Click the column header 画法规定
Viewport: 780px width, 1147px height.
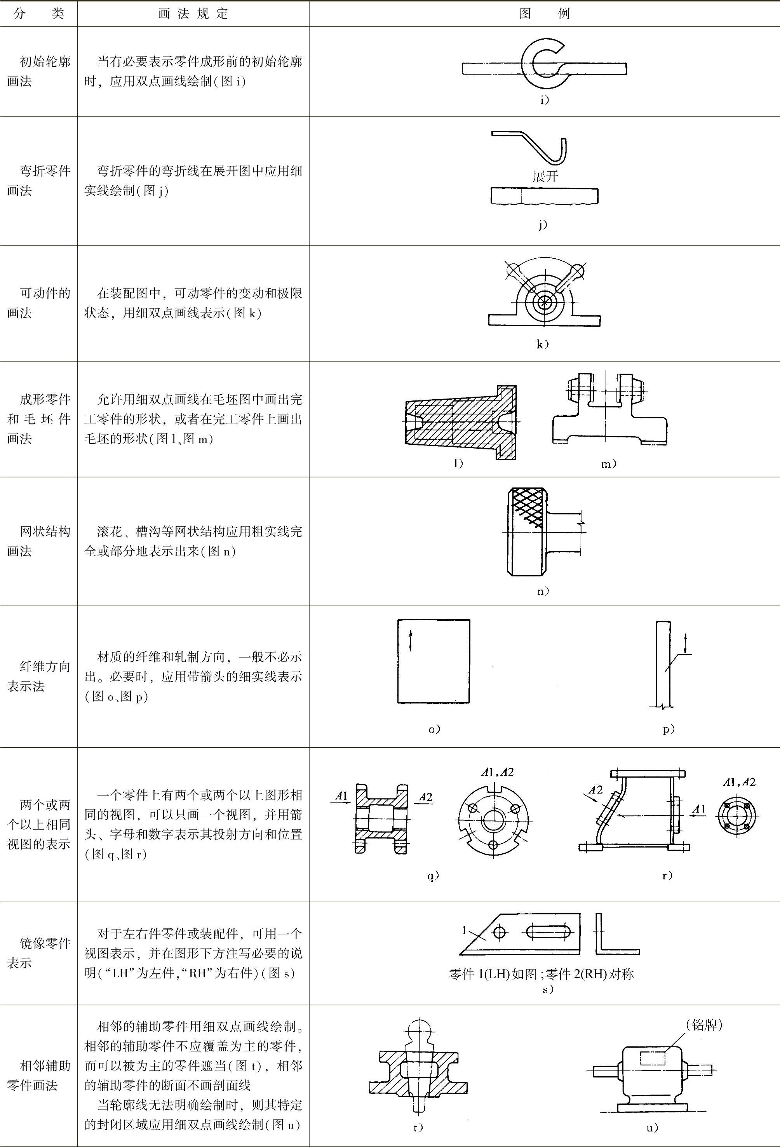coord(193,13)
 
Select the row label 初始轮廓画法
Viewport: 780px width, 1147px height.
coord(38,71)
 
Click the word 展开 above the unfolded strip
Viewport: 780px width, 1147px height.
coord(545,176)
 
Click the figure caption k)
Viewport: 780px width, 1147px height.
coord(543,344)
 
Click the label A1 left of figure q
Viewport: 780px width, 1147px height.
coord(341,795)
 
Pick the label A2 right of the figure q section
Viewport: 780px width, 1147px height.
coord(426,797)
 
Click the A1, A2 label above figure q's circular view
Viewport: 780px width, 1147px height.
coord(498,773)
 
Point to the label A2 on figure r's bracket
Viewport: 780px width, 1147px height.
coord(596,790)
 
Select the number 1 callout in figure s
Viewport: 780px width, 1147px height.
coord(464,930)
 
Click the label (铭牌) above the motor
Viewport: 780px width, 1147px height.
coord(704,1025)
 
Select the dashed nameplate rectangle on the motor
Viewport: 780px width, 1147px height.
coord(653,1058)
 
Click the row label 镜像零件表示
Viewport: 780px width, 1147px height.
coord(38,952)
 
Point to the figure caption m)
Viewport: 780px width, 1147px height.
coord(609,463)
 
